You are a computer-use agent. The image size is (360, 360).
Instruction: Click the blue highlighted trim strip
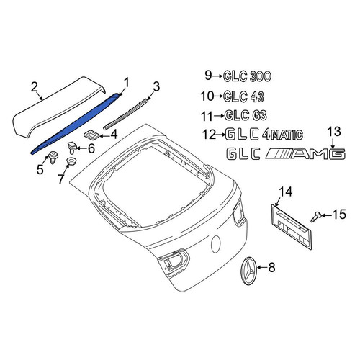point(74,125)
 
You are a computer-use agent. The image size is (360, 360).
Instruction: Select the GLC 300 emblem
point(247,76)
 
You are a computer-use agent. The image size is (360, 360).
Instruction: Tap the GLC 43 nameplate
point(243,96)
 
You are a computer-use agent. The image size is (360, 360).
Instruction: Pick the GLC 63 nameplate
point(246,116)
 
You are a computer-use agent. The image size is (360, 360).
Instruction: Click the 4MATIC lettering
point(282,135)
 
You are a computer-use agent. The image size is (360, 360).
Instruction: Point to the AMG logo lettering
point(305,154)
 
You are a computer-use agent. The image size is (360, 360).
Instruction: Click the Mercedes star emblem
point(248,271)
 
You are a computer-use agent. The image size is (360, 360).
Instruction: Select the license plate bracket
point(292,227)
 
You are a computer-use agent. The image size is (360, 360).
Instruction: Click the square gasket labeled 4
point(91,135)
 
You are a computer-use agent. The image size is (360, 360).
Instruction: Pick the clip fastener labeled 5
point(52,157)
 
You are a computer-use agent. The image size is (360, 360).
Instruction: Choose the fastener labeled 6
point(72,148)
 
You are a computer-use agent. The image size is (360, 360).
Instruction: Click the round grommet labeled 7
point(71,161)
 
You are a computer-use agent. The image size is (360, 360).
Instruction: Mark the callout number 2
point(35,88)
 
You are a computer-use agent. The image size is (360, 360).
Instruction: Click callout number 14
point(286,192)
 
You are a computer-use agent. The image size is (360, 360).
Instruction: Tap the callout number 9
point(208,75)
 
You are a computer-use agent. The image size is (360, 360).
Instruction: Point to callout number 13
point(334,132)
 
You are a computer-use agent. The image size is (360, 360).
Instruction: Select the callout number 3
point(156,86)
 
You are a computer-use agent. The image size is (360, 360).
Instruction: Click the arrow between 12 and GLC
point(221,135)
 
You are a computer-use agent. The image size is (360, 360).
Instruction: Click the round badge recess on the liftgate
point(216,245)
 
